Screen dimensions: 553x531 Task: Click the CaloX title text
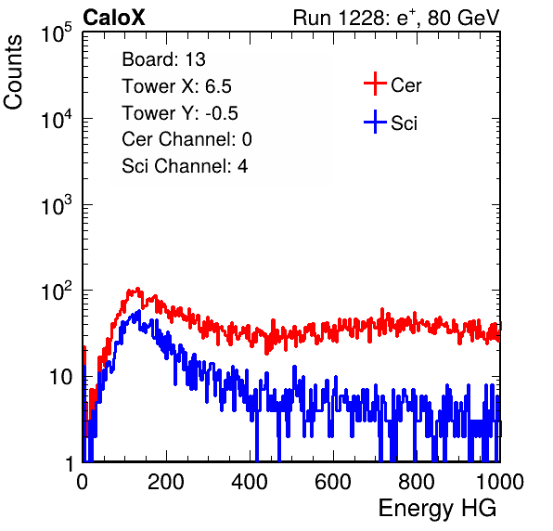pos(113,18)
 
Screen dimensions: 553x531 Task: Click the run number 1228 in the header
pos(361,18)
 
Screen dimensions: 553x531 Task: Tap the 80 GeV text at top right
pos(464,18)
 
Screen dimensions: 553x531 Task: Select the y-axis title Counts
pos(13,72)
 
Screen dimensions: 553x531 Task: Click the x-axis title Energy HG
pos(437,509)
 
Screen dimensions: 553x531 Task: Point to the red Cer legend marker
pos(375,84)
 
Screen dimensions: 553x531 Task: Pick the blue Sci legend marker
pos(375,122)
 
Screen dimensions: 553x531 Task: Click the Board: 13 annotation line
pos(163,59)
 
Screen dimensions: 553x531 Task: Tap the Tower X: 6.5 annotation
pos(176,86)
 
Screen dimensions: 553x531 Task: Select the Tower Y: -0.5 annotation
pos(180,113)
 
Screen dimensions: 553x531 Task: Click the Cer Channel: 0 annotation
pos(186,139)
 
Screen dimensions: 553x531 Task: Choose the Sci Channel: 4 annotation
pos(185,166)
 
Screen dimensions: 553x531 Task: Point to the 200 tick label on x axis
pos(166,482)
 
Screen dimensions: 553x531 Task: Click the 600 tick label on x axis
pos(333,482)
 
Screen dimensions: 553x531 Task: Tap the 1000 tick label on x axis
pos(500,482)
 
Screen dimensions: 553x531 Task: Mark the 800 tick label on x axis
pos(417,482)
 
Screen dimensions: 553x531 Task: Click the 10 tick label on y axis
pos(61,377)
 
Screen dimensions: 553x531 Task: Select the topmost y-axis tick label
pos(57,32)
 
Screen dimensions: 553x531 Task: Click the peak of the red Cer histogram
pos(137,289)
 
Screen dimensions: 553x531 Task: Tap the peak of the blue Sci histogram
pos(139,311)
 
